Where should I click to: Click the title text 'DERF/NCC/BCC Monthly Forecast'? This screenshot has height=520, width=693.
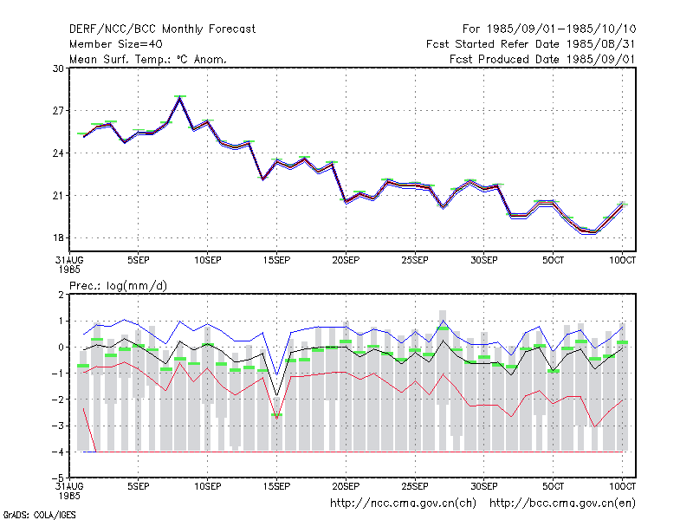pyautogui.click(x=162, y=29)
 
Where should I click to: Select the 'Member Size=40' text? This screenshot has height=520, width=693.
pyautogui.click(x=116, y=44)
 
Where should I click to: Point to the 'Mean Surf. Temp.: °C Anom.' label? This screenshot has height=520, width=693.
pyautogui.click(x=148, y=59)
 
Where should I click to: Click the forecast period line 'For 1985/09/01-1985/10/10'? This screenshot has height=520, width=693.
pyautogui.click(x=549, y=29)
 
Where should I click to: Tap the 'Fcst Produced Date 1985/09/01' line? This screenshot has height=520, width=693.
pyautogui.click(x=542, y=59)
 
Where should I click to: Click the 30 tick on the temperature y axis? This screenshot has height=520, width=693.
pyautogui.click(x=58, y=68)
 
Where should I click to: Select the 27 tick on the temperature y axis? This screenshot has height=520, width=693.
pyautogui.click(x=58, y=111)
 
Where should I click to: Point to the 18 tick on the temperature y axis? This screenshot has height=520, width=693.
pyautogui.click(x=58, y=237)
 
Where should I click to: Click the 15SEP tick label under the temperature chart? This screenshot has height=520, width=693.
pyautogui.click(x=276, y=261)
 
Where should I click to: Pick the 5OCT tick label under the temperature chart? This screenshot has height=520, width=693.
pyautogui.click(x=553, y=261)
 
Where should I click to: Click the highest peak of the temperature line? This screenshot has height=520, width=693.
pyautogui.click(x=180, y=97)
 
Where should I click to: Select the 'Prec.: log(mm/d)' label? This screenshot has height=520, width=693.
pyautogui.click(x=118, y=286)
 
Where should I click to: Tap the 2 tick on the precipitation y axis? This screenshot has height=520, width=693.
pyautogui.click(x=61, y=295)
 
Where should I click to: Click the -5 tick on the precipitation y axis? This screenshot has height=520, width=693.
pyautogui.click(x=58, y=478)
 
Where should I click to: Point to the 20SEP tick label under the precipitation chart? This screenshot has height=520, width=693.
pyautogui.click(x=346, y=486)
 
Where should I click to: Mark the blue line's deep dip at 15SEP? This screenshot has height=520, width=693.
pyautogui.click(x=276, y=374)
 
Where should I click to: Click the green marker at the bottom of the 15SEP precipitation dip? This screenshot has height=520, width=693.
pyautogui.click(x=276, y=415)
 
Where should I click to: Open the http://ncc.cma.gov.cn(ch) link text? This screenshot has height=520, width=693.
pyautogui.click(x=403, y=504)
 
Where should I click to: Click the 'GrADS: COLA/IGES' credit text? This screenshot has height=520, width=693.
pyautogui.click(x=39, y=515)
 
